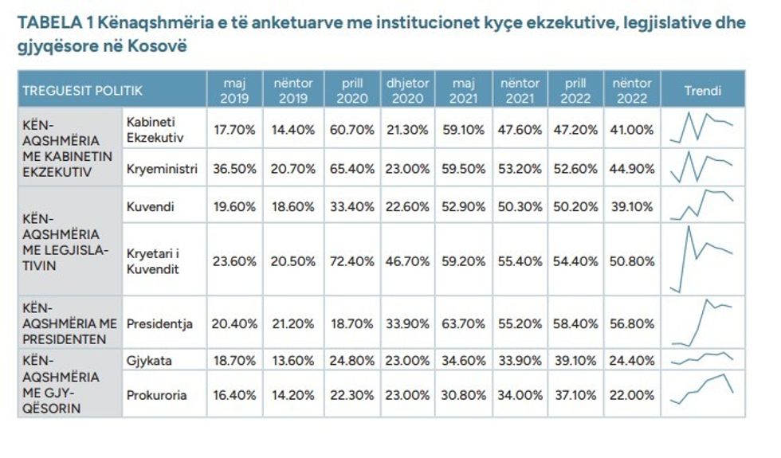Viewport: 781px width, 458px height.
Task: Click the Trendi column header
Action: [702, 90]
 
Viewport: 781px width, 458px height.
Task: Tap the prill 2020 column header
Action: [351, 90]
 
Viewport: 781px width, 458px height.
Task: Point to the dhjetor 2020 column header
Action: [407, 90]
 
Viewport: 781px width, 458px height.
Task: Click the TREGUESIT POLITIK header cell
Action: [83, 90]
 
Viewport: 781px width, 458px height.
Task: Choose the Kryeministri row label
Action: [162, 168]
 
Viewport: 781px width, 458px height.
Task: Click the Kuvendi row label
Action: [151, 207]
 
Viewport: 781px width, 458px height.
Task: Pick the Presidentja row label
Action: [160, 324]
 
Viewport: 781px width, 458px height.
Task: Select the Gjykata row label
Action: [150, 361]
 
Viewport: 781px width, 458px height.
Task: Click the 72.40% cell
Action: [351, 260]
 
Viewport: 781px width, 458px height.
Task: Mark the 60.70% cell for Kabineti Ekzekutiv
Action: [351, 129]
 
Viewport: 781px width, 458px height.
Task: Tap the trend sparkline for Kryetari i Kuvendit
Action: [702, 260]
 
